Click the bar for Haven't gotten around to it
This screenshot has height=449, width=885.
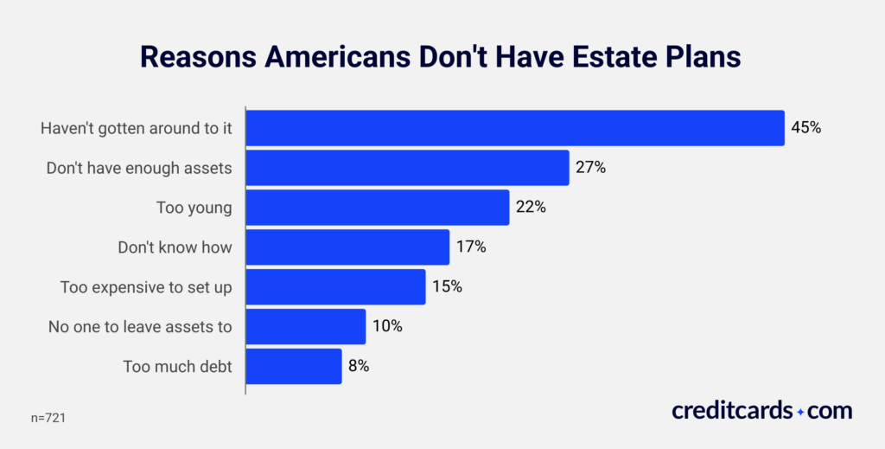point(515,128)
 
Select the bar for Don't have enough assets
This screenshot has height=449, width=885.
point(408,168)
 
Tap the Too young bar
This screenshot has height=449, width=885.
point(378,208)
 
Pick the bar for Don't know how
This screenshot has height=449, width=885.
point(348,247)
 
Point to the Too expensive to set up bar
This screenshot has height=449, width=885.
point(336,287)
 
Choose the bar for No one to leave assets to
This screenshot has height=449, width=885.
point(306,327)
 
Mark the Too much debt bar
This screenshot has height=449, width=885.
point(294,366)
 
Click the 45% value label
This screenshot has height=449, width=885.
point(805,128)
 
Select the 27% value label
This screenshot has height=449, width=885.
point(590,168)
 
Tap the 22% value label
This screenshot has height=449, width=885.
point(531,208)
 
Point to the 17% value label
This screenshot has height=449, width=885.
point(471,247)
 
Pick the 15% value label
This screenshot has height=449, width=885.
point(447,287)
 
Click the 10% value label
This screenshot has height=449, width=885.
point(387,327)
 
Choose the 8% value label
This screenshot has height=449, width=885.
point(360,366)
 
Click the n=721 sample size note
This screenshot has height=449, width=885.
point(49,418)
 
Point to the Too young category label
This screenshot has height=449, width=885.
point(194,208)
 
